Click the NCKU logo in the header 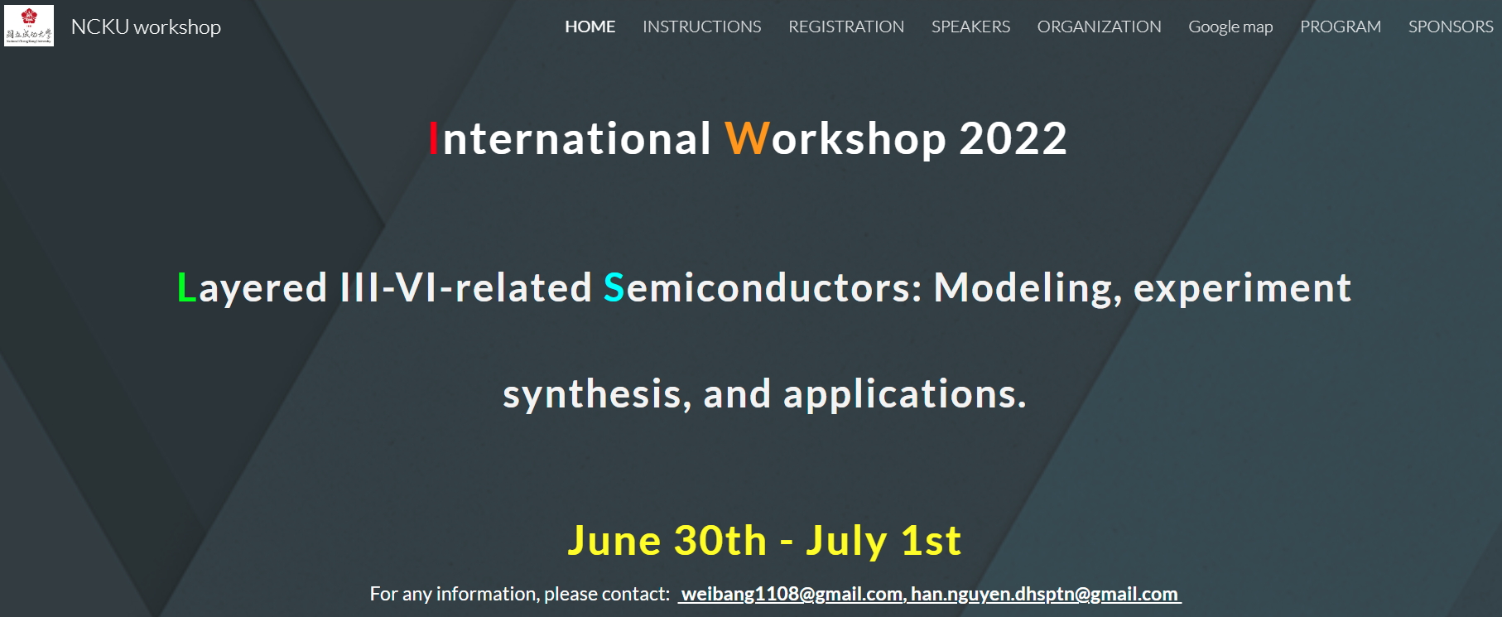[x=29, y=26]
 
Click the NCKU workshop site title [x=146, y=27]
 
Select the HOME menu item [x=590, y=27]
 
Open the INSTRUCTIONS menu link [x=702, y=27]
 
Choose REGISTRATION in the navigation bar [x=846, y=27]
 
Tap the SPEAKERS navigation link [x=970, y=27]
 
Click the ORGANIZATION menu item [x=1099, y=27]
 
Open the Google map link [x=1230, y=27]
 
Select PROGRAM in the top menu [x=1341, y=27]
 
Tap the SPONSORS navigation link [x=1451, y=27]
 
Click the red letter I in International [x=433, y=138]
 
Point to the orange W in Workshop [x=748, y=138]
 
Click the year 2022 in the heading [x=1013, y=138]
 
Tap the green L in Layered [x=187, y=287]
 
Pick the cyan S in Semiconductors [x=614, y=287]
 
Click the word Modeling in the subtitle [x=1028, y=289]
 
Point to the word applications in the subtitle [x=905, y=395]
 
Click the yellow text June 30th [x=667, y=541]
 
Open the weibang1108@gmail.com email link [x=792, y=595]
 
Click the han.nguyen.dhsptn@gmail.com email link [x=1044, y=595]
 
